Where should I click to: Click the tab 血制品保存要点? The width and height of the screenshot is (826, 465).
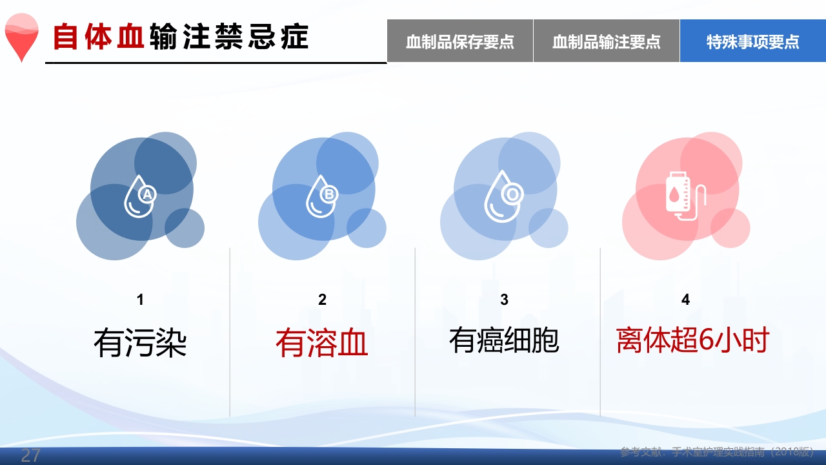[x=460, y=41]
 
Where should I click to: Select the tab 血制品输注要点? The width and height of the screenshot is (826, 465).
[x=607, y=41]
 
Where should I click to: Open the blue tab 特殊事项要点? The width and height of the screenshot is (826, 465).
[x=752, y=41]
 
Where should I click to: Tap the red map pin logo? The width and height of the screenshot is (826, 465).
[x=21, y=37]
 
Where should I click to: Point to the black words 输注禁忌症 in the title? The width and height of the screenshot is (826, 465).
[x=228, y=37]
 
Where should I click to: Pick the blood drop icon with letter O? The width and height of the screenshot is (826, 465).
[x=503, y=196]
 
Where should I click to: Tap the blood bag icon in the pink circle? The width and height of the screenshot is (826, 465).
[x=684, y=196]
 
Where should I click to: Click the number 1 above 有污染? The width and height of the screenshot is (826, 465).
[x=140, y=300]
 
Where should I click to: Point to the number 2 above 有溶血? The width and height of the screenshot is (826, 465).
[x=322, y=300]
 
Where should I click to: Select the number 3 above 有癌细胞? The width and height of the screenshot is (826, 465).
[x=504, y=300]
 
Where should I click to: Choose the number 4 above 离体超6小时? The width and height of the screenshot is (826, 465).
[x=685, y=300]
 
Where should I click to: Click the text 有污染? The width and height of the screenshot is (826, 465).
[x=140, y=342]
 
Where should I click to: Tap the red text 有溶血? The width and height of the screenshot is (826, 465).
[x=322, y=342]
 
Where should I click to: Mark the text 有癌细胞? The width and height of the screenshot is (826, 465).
[x=504, y=340]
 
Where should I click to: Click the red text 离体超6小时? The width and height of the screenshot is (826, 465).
[x=692, y=340]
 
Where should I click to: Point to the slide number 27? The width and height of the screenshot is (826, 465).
[x=30, y=455]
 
